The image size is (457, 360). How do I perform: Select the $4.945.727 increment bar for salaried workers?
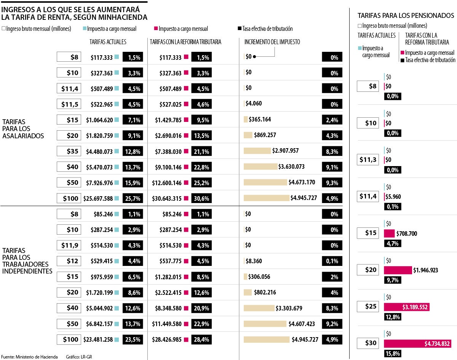point(266,198)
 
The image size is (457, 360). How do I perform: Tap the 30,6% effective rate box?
point(201,198)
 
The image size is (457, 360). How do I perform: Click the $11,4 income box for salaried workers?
point(69,89)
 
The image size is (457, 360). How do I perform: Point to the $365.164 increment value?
point(260,120)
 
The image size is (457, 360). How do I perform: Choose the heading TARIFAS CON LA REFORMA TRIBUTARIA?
point(185,42)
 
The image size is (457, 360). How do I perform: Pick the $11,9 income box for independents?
point(69,245)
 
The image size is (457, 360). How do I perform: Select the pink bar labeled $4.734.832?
point(417,344)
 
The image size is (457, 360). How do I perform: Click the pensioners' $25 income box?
point(368,307)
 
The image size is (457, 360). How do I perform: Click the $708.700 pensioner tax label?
point(406,234)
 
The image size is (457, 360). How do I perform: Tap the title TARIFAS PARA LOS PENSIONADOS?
point(406,16)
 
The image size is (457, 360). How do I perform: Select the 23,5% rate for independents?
point(133,339)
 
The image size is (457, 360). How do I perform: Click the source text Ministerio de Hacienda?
point(37,357)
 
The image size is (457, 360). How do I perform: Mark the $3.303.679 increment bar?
point(259,308)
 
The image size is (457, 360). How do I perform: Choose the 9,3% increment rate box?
point(332,183)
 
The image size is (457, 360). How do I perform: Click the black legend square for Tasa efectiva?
point(240,29)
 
